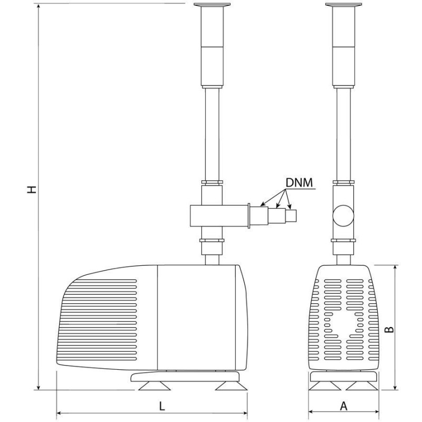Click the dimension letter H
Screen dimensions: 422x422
point(33,188)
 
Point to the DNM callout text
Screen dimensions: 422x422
point(299,183)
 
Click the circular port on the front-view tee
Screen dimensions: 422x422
point(343,215)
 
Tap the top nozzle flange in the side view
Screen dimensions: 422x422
point(213,6)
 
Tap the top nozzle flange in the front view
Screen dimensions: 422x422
point(344,6)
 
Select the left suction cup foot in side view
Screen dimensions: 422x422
point(154,387)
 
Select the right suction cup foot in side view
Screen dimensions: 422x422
point(231,387)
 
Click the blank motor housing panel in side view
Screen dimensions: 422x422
point(198,316)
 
